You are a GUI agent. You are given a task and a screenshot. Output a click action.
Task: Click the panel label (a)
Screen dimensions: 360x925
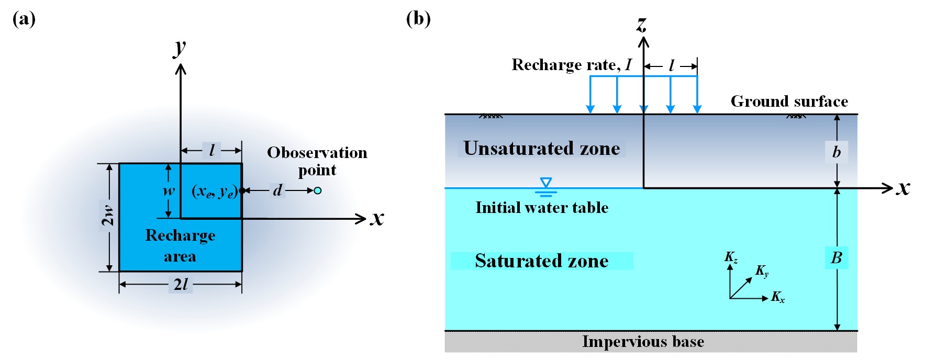click(x=24, y=19)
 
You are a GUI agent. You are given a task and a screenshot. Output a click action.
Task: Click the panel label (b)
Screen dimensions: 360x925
click(x=418, y=19)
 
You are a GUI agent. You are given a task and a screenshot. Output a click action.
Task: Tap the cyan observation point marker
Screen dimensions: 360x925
click(x=317, y=190)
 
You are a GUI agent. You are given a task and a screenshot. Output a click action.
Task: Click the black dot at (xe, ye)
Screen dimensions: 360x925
click(x=242, y=190)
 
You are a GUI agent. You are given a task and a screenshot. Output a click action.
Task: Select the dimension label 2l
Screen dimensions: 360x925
click(x=181, y=285)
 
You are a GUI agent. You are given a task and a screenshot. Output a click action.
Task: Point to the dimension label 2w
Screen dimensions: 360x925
click(x=108, y=216)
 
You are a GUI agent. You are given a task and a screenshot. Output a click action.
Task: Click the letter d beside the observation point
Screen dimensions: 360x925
click(x=277, y=190)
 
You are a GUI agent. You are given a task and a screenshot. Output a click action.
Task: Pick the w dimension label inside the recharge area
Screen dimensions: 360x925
click(x=169, y=190)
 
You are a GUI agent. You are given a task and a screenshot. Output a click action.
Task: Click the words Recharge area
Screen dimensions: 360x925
click(x=180, y=245)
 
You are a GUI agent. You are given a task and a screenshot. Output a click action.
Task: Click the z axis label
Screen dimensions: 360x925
click(x=642, y=24)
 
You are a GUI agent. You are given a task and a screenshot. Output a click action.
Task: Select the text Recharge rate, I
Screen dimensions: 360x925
click(x=571, y=65)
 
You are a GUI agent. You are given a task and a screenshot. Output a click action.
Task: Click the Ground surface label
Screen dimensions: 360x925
click(x=789, y=101)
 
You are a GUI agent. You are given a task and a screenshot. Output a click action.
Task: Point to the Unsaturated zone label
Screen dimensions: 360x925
click(x=541, y=149)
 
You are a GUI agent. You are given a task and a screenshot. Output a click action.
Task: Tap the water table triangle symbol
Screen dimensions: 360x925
click(x=546, y=183)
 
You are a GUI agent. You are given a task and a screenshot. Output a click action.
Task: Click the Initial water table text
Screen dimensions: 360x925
click(x=542, y=208)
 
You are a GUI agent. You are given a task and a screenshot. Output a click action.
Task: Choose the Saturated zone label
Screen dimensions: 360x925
click(x=541, y=261)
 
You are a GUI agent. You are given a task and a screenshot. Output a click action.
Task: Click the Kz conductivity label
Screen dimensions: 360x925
click(x=731, y=257)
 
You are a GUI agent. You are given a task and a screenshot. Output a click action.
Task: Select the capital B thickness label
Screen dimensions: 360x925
click(x=837, y=257)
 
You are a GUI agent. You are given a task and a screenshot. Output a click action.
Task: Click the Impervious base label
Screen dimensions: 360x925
click(x=643, y=342)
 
